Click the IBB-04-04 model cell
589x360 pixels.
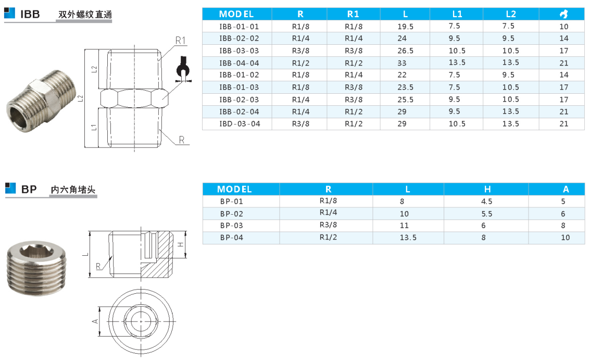[239, 63]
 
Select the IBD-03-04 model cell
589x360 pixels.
[240, 123]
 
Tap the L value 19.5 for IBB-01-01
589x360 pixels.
[405, 27]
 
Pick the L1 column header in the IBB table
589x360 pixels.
[457, 14]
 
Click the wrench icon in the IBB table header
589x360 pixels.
[563, 14]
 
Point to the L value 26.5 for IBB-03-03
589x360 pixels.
[405, 51]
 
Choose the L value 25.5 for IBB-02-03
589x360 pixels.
[405, 100]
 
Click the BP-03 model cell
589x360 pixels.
[231, 226]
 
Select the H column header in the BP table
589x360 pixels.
[487, 189]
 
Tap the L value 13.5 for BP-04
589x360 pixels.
[408, 238]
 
